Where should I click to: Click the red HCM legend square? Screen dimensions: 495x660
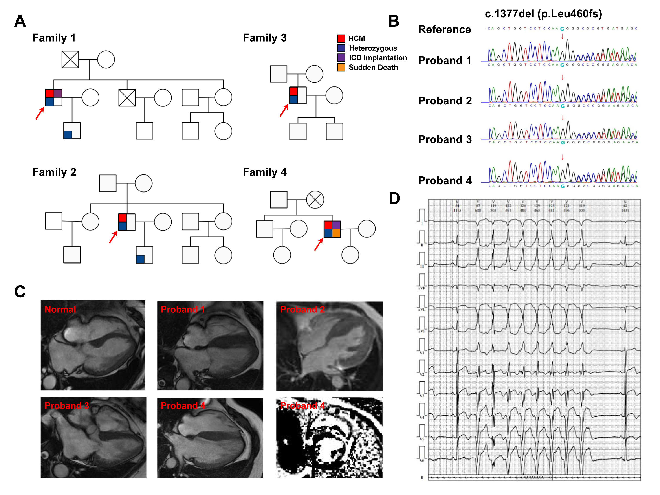pos(341,38)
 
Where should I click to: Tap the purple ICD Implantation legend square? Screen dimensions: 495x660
pos(341,58)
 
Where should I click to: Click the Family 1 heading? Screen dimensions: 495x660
pos(54,38)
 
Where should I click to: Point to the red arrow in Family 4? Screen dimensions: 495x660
pos(318,245)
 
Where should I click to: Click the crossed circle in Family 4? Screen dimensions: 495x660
pos(315,200)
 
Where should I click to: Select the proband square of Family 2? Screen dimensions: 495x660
pos(126,222)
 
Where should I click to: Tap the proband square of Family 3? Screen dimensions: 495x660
pos(298,95)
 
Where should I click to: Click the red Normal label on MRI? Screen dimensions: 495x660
pos(60,309)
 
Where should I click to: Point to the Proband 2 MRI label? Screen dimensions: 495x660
pos(302,309)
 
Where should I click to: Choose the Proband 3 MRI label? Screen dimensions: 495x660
pos(66,406)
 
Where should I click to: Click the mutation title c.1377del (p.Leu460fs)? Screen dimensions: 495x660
pos(543,14)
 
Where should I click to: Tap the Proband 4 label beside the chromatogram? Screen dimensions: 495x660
pos(445,181)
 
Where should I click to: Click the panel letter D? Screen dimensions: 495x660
pos(394,198)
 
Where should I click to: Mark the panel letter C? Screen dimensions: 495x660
pos(20,291)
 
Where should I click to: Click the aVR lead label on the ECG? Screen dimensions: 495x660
pos(422,288)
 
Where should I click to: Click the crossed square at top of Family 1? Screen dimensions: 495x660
pos(70,59)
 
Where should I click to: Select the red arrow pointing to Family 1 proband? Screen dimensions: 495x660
pos(40,113)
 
